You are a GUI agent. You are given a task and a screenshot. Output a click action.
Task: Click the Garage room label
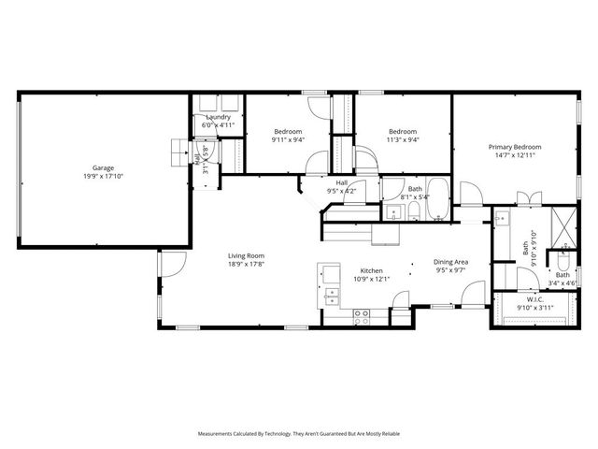(103, 168)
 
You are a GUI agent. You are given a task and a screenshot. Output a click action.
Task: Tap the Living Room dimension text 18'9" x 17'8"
(248, 265)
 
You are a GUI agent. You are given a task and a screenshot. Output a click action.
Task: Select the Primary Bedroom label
(515, 147)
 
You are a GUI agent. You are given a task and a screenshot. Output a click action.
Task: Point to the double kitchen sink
(330, 298)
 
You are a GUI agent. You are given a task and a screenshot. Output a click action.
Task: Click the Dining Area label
(449, 262)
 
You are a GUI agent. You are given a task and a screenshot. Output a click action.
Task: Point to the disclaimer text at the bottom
(298, 434)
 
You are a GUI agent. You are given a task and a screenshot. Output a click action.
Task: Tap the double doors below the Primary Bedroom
(529, 197)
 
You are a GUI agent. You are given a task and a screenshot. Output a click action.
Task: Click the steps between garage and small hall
(178, 150)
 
